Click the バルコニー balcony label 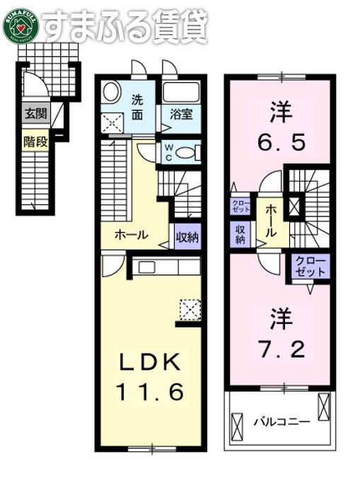281,421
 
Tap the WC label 170,152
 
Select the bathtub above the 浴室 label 182,92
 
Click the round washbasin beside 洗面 111,92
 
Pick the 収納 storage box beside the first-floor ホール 187,235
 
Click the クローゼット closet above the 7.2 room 311,267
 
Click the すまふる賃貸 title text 124,27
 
